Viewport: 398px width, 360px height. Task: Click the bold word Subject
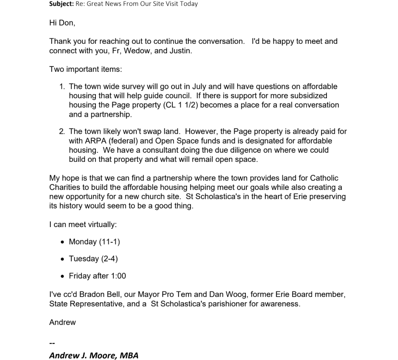tap(61, 4)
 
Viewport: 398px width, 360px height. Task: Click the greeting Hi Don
tap(62, 23)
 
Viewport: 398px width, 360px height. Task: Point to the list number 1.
tap(62, 87)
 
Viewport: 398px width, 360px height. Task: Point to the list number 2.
tap(62, 132)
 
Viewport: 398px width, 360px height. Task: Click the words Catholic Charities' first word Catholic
tap(324, 178)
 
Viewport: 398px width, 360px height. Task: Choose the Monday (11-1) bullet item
tap(94, 242)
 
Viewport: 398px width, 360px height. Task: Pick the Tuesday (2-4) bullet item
tap(93, 259)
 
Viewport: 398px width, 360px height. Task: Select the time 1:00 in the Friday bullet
tap(118, 276)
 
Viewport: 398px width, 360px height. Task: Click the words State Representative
tap(90, 304)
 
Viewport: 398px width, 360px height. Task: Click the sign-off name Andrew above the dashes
tap(62, 322)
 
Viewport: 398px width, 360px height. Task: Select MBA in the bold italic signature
tap(129, 355)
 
